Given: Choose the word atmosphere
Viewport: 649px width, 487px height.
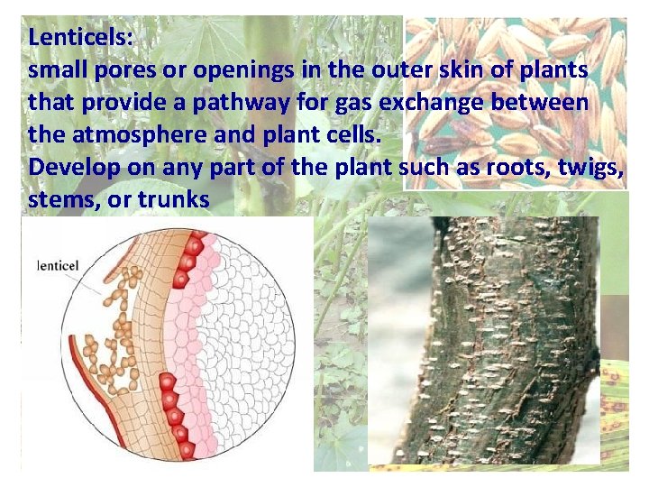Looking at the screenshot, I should tap(133, 134).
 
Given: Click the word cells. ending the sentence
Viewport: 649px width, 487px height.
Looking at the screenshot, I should tap(361, 134).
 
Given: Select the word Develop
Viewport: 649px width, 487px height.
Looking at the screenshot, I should tap(69, 167).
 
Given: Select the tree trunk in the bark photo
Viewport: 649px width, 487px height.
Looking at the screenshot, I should tap(505, 343).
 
